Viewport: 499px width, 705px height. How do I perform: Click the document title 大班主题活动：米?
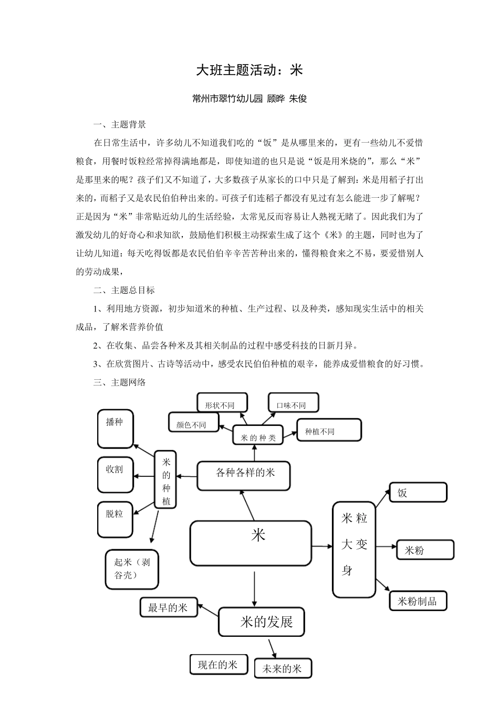point(250,70)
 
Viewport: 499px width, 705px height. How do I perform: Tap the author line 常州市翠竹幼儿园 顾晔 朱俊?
point(250,99)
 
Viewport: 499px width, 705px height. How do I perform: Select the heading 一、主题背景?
point(119,125)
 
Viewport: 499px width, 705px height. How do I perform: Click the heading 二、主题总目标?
point(124,290)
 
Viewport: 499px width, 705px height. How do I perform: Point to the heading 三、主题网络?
point(119,382)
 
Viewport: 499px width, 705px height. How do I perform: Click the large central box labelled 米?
point(250,543)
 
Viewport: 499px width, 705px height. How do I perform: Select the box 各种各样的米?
point(244,476)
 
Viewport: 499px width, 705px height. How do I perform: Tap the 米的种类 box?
point(258,435)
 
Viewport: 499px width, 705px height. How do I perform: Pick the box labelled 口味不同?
point(293,402)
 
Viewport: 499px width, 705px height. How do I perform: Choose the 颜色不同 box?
point(193,422)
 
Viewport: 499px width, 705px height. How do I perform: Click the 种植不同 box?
point(329,430)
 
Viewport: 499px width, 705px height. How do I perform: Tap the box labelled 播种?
point(116,429)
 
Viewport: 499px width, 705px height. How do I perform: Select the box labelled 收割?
point(116,474)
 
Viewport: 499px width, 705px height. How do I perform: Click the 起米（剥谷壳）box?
point(132,569)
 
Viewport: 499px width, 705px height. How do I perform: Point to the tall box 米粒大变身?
point(354,549)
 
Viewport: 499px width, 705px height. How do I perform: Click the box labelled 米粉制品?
point(418,601)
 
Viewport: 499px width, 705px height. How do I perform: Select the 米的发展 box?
point(261,622)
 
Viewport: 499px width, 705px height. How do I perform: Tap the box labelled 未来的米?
point(283,668)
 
